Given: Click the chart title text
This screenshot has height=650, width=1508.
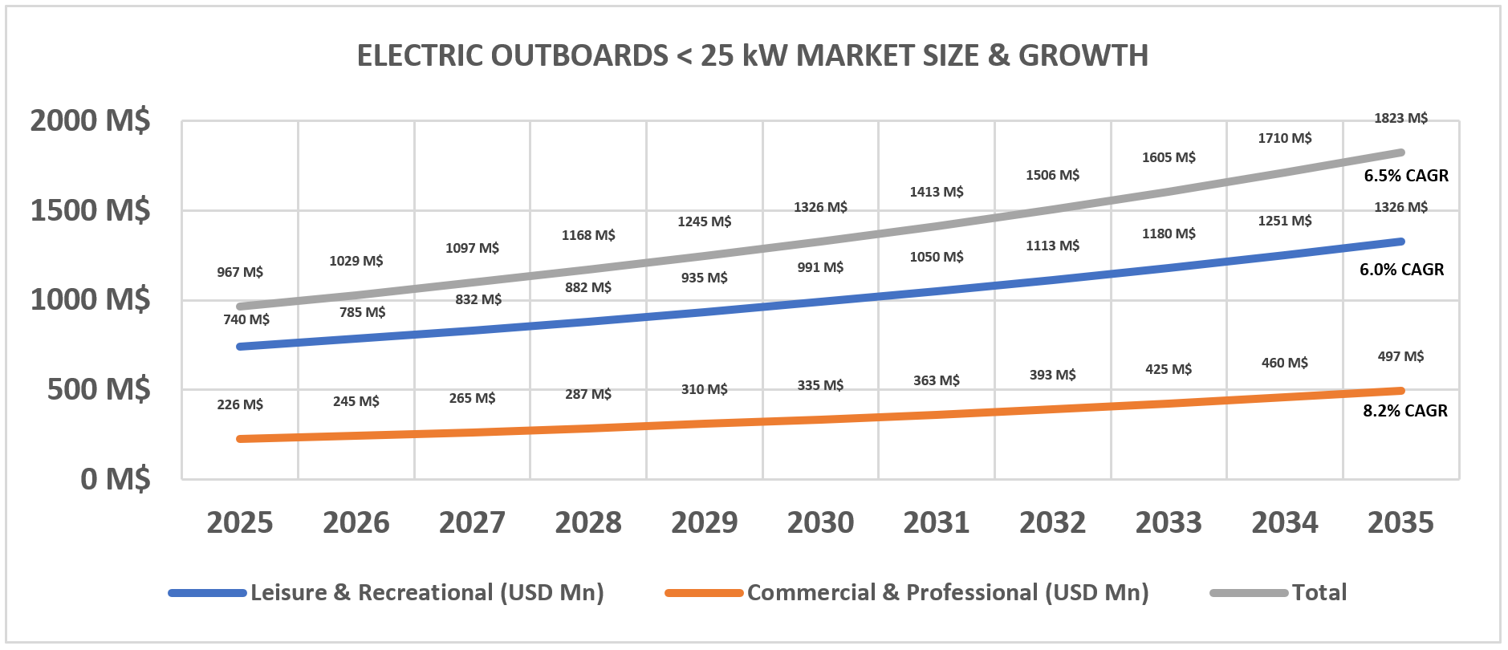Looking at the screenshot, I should (x=752, y=55).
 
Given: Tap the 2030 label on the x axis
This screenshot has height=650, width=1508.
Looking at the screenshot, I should (x=820, y=522).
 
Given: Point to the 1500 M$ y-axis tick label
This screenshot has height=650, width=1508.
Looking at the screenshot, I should (x=90, y=210).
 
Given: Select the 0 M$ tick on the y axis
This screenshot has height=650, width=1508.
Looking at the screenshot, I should (x=115, y=479).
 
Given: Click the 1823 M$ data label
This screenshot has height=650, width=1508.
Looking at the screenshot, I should (x=1400, y=118).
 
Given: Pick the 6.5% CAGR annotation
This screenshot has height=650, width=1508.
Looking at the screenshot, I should (x=1406, y=176).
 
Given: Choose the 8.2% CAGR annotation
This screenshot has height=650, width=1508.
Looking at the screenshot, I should (x=1405, y=411).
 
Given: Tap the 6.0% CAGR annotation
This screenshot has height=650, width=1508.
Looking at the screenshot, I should (x=1401, y=270).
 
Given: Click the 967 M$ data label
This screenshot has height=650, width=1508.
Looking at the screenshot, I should (x=240, y=272).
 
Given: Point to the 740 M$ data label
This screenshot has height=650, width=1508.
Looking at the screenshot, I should (x=246, y=319).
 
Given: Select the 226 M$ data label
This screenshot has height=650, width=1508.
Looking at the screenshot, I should (x=240, y=404).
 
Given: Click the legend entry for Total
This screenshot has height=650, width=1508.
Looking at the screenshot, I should (x=1319, y=593).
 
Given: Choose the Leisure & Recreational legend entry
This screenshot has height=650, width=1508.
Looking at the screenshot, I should (x=426, y=593).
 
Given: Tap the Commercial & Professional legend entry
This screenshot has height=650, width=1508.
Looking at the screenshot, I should (x=947, y=593).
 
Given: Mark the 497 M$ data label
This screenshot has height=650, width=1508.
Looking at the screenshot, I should (x=1400, y=356).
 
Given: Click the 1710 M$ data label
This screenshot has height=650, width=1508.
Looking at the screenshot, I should (x=1284, y=138).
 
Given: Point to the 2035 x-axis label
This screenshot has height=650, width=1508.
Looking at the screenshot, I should (x=1400, y=522).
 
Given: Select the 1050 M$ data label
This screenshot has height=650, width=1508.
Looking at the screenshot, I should (x=937, y=257).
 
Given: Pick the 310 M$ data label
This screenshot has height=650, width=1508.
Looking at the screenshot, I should (x=704, y=389).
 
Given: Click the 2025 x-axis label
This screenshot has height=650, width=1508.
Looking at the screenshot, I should (x=240, y=522).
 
